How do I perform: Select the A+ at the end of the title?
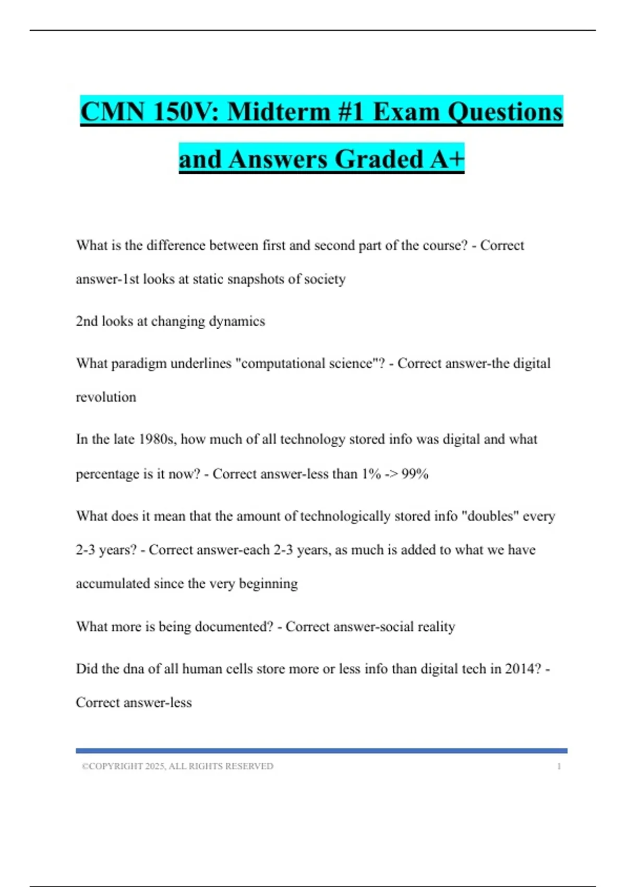coord(447,159)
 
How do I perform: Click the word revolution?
coord(106,398)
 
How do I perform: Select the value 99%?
coord(415,474)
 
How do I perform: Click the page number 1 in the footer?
coord(559,766)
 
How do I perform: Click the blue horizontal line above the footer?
coord(321,751)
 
